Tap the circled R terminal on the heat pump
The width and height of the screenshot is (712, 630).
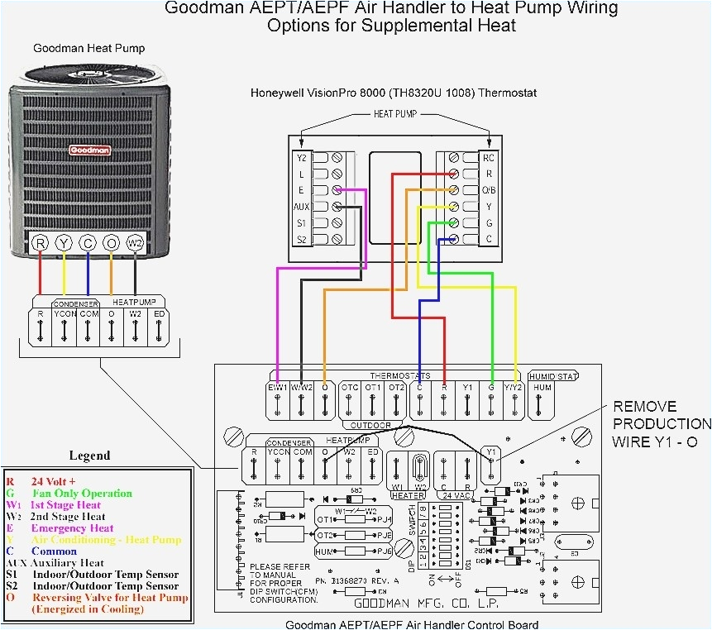coord(40,243)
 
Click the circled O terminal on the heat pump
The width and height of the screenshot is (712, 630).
coord(112,243)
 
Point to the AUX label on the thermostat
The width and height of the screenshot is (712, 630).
coord(302,206)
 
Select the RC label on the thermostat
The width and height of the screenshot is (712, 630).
coord(490,156)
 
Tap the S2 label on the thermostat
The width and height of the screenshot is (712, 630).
coord(302,239)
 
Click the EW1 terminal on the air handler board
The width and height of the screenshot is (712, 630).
coord(278,387)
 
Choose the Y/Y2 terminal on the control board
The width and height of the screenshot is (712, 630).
coord(515,387)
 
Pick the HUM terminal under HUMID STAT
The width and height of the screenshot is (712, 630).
coord(542,387)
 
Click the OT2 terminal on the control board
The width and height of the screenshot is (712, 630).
coord(397,387)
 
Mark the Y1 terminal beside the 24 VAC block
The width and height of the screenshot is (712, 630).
coord(490,452)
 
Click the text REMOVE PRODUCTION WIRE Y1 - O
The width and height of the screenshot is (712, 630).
coord(654,424)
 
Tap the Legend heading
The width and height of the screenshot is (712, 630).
coord(89,456)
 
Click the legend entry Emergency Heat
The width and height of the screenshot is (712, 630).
coord(72,528)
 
